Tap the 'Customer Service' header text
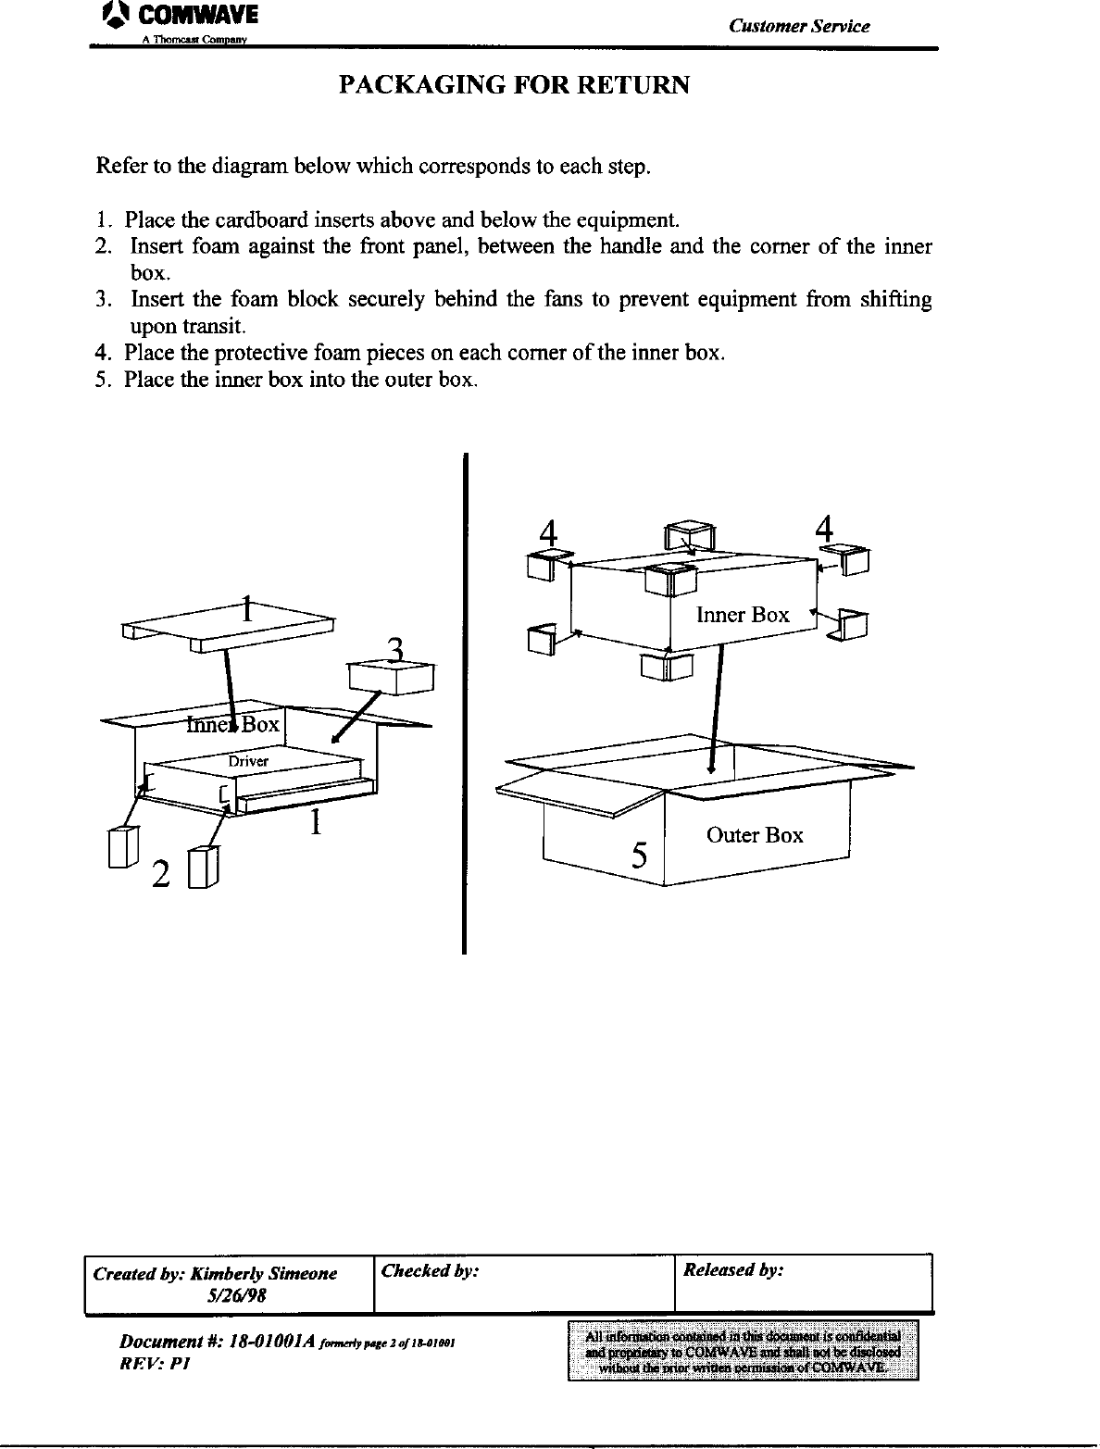pyautogui.click(x=798, y=26)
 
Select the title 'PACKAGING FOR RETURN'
pyautogui.click(x=514, y=85)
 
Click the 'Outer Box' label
pyautogui.click(x=755, y=835)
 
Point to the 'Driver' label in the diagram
pyautogui.click(x=248, y=761)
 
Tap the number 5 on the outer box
pyautogui.click(x=639, y=856)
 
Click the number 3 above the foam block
pyautogui.click(x=395, y=651)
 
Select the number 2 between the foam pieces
pyautogui.click(x=160, y=874)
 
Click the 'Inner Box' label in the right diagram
pyautogui.click(x=742, y=615)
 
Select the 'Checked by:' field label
pyautogui.click(x=429, y=1271)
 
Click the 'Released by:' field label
pyautogui.click(x=733, y=1270)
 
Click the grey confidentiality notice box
pyautogui.click(x=743, y=1351)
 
